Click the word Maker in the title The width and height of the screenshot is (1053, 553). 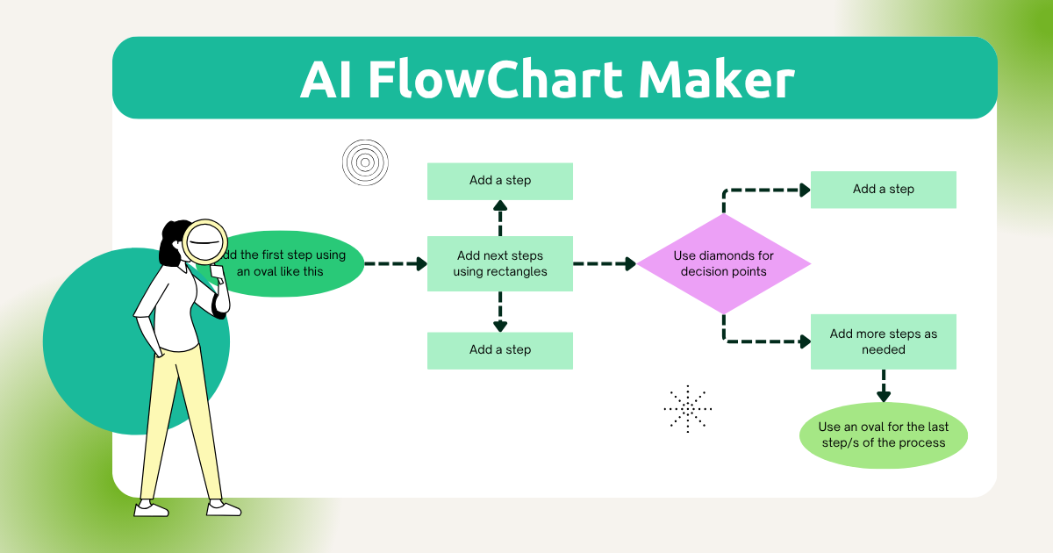click(x=716, y=80)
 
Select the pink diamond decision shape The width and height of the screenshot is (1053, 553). click(x=723, y=263)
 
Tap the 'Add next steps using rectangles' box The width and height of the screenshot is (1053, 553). click(x=499, y=263)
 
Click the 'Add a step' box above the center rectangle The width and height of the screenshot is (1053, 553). click(x=499, y=181)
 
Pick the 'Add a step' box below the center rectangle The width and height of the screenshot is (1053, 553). click(x=499, y=350)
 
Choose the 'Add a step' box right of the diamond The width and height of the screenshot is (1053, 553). click(x=883, y=190)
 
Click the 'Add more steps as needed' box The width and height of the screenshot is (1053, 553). click(x=883, y=341)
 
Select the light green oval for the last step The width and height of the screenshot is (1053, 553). click(x=883, y=434)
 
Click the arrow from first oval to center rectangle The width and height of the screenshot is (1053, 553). click(x=395, y=263)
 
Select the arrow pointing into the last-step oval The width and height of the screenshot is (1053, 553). click(x=883, y=387)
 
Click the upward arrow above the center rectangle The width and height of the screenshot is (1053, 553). click(x=499, y=217)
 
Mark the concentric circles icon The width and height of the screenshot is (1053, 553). click(x=364, y=162)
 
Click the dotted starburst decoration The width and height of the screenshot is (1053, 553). click(x=688, y=408)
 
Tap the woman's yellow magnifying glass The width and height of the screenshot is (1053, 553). click(x=204, y=241)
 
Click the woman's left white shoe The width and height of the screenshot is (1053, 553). click(x=150, y=508)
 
